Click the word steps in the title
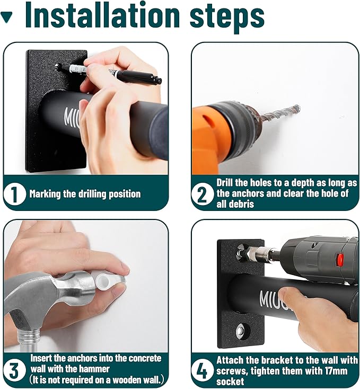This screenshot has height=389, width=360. point(227,17)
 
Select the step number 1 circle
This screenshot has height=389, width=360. point(14,194)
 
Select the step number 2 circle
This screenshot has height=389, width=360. point(202,194)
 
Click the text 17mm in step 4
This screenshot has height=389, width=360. point(336,371)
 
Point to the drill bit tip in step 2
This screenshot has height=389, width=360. point(297,108)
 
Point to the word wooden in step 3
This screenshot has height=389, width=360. point(129,380)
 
